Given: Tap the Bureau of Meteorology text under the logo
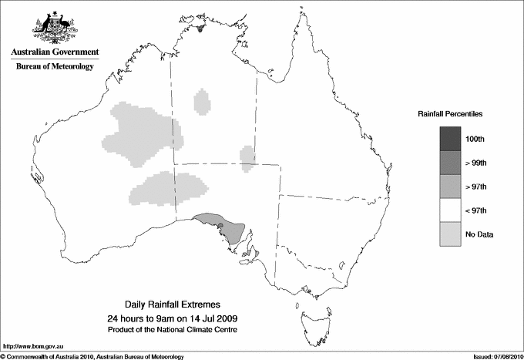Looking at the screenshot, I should [55, 66].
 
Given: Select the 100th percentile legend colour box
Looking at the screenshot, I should [451, 139].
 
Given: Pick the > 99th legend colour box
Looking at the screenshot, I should [451, 163].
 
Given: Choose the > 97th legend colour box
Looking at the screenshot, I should [451, 187].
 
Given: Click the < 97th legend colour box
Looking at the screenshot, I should [451, 210].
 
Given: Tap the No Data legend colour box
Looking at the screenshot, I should [451, 234].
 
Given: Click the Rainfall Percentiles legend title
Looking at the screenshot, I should [450, 114].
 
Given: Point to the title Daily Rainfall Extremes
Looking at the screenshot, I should [176, 305].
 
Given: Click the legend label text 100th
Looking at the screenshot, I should [475, 139].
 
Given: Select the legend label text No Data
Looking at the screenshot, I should [479, 234].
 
